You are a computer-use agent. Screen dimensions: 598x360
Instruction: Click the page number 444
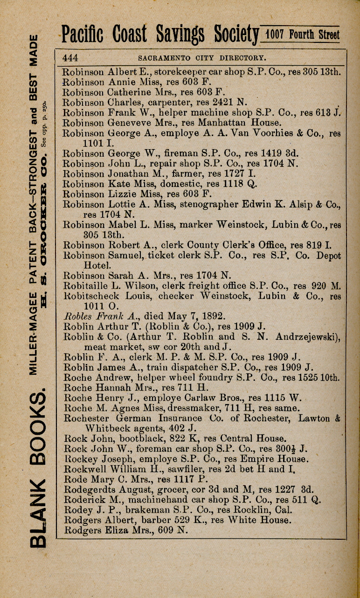pyautogui.click(x=70, y=58)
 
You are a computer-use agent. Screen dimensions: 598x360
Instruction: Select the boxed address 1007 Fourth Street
pyautogui.click(x=301, y=35)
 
